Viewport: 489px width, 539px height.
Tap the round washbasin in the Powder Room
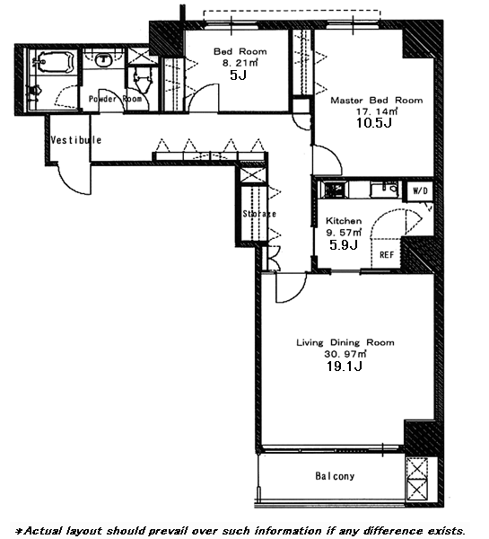[x=103, y=59]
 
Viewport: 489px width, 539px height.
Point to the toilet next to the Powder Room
[x=142, y=79]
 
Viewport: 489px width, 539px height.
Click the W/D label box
[x=420, y=190]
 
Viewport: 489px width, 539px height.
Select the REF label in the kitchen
[x=387, y=255]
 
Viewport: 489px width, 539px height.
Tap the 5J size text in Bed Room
[x=238, y=75]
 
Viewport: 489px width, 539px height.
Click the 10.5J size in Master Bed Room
[x=374, y=123]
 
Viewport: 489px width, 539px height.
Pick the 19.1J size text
[x=345, y=367]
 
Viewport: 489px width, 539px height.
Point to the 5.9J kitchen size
[x=344, y=244]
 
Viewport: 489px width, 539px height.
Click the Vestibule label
[x=76, y=140]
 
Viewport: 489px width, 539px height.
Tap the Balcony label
[x=335, y=476]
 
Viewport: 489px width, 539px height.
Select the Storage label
[x=259, y=214]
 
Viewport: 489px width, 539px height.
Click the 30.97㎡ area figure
[x=345, y=354]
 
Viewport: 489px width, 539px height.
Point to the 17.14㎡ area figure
[x=377, y=111]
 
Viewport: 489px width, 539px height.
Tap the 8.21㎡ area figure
[x=240, y=63]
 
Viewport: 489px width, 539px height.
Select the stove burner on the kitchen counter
[x=333, y=190]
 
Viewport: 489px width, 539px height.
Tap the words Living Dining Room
[x=345, y=342]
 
